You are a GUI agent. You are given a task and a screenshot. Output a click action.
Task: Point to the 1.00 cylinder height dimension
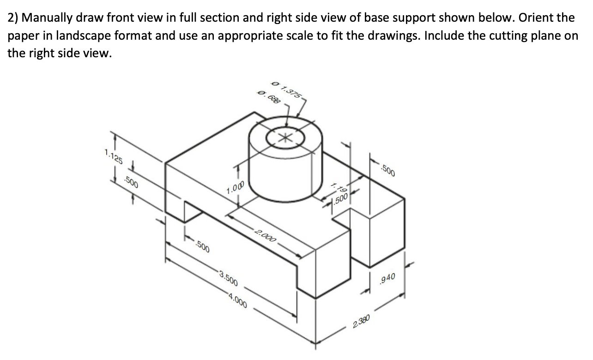235,188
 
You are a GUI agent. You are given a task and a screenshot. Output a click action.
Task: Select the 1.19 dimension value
339,188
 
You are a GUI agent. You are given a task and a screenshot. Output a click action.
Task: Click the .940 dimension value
386,277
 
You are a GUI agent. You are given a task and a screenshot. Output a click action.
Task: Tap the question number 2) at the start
13,18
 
